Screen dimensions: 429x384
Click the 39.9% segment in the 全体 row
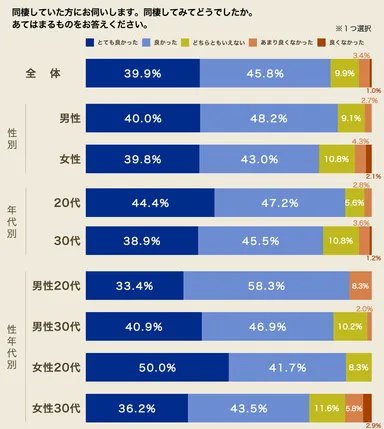click(142, 74)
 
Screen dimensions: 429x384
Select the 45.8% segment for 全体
click(265, 74)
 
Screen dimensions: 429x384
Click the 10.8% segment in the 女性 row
click(334, 158)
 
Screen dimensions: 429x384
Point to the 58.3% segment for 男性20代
click(266, 285)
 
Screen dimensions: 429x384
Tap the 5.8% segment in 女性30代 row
click(354, 408)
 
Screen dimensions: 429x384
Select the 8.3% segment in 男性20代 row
click(360, 285)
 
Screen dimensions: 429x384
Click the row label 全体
click(46, 74)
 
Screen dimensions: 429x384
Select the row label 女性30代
click(56, 408)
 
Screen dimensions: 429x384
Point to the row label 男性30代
click(56, 326)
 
